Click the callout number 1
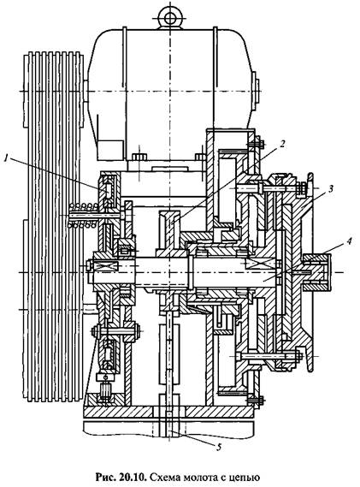click(6, 158)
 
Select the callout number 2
click(282, 144)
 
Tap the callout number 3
click(331, 188)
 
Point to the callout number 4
click(350, 241)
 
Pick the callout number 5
click(219, 448)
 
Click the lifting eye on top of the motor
click(170, 18)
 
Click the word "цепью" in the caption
click(244, 478)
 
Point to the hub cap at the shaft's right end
click(317, 272)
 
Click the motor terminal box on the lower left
click(110, 150)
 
